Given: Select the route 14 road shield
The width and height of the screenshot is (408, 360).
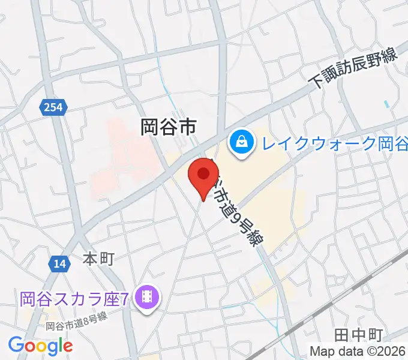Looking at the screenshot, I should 59,264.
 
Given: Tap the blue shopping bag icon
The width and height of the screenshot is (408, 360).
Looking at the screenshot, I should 241,144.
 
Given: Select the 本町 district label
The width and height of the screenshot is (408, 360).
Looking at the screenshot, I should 98,259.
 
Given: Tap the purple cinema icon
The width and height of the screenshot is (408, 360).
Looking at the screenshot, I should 146,296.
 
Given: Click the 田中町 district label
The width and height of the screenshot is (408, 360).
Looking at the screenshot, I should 353,334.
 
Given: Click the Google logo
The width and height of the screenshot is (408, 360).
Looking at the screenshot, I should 40,346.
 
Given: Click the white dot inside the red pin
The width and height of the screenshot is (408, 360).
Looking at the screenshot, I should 203,174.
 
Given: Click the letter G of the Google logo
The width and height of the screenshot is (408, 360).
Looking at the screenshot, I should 16,345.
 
